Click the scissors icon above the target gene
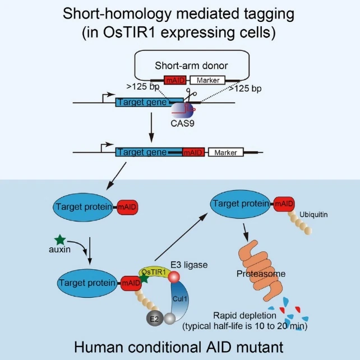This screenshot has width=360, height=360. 190,94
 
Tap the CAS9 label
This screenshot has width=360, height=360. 183,123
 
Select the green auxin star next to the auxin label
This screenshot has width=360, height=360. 60,239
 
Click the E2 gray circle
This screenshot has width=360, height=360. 155,319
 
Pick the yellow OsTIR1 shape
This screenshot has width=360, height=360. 155,273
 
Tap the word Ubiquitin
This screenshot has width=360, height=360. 313,215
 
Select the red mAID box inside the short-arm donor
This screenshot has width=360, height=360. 175,80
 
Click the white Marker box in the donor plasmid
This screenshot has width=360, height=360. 208,80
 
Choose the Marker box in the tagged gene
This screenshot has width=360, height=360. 225,152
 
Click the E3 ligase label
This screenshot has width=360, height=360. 189,265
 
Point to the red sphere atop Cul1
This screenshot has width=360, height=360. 174,277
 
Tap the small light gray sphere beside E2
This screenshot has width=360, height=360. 170,319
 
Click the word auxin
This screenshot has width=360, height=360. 59,250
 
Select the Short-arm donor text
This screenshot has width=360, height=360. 191,66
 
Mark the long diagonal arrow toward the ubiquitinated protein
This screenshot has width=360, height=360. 181,237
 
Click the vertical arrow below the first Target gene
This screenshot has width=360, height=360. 151,127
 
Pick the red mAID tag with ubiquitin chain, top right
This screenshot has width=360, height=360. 284,204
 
